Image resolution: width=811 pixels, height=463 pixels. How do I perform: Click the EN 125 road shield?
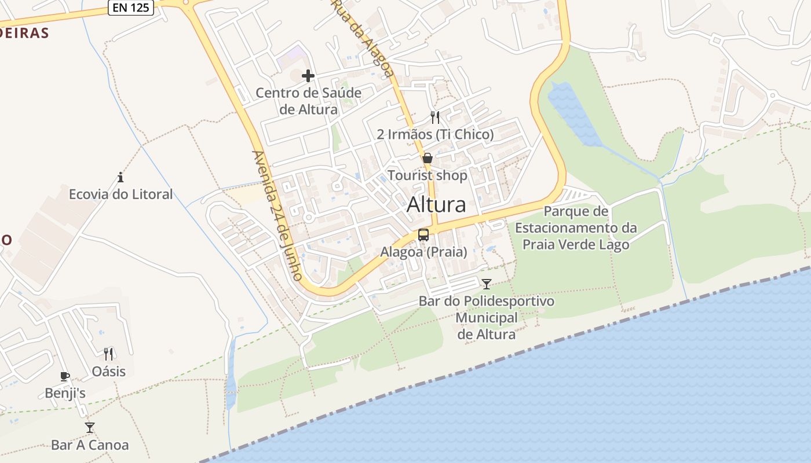pyautogui.click(x=131, y=8)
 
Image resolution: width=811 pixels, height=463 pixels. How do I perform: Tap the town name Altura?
pyautogui.click(x=436, y=205)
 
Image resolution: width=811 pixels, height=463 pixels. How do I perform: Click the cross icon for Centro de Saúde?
pyautogui.click(x=308, y=76)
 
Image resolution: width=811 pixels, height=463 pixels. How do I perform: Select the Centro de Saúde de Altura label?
pyautogui.click(x=308, y=101)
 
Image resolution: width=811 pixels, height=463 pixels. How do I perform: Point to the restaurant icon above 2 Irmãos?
pyautogui.click(x=435, y=117)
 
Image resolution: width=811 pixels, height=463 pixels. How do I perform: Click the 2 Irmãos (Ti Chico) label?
pyautogui.click(x=435, y=135)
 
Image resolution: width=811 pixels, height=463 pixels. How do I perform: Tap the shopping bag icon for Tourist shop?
pyautogui.click(x=428, y=158)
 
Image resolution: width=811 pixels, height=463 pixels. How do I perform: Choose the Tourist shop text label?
pyautogui.click(x=428, y=175)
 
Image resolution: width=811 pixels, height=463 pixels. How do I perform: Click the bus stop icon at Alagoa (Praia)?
pyautogui.click(x=423, y=235)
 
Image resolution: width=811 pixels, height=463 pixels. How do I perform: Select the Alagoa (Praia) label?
pyautogui.click(x=423, y=252)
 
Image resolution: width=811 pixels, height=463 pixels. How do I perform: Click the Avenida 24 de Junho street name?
pyautogui.click(x=277, y=215)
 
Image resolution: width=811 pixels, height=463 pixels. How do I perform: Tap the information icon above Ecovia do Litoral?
pyautogui.click(x=120, y=177)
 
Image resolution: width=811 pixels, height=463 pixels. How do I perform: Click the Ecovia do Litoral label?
pyautogui.click(x=120, y=194)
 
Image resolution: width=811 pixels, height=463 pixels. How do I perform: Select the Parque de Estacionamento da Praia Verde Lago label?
pyautogui.click(x=576, y=228)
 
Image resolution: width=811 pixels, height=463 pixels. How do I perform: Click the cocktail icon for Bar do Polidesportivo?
pyautogui.click(x=487, y=284)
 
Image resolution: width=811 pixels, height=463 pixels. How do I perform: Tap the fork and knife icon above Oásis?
pyautogui.click(x=108, y=354)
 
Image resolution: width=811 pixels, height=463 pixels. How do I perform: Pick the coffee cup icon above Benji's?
pyautogui.click(x=65, y=376)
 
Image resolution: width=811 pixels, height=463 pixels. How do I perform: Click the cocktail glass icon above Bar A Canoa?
pyautogui.click(x=90, y=428)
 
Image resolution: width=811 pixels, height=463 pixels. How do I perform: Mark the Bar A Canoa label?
pyautogui.click(x=90, y=445)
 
